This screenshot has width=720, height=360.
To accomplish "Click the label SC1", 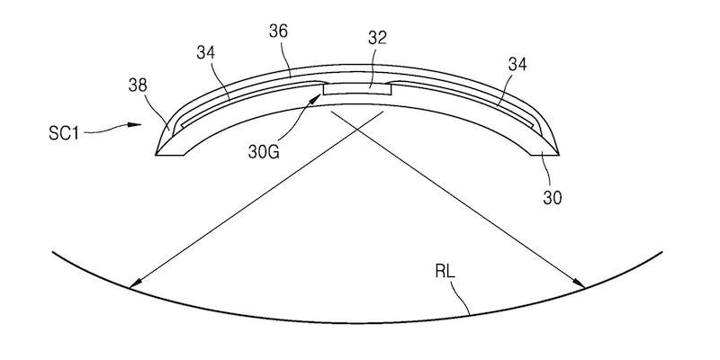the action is coord(64,133).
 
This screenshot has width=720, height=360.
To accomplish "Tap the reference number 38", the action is coord(138,85).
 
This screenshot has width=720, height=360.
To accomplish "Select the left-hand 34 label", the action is coord(206,53).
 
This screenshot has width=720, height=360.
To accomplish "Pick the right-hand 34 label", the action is coord(517,65).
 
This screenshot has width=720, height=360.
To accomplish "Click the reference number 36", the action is coord(278,31).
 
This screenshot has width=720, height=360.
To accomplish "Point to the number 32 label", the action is coord(377,38).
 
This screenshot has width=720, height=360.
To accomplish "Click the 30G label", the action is coord(264,152).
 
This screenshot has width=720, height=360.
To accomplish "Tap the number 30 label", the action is coord(553,197).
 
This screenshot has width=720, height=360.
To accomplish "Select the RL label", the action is coord(445,272).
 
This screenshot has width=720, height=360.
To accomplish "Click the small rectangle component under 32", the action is coord(357,89).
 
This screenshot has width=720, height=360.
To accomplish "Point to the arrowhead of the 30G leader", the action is coord(315,99).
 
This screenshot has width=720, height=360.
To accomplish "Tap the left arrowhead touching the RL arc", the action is coord(135,283).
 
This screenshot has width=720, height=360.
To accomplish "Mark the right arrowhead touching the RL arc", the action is coord(579,283).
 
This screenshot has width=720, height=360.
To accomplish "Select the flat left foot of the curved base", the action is coord(169,155).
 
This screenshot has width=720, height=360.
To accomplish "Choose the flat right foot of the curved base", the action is coord(544,155).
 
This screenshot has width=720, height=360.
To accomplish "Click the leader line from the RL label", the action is coord(461,298).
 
